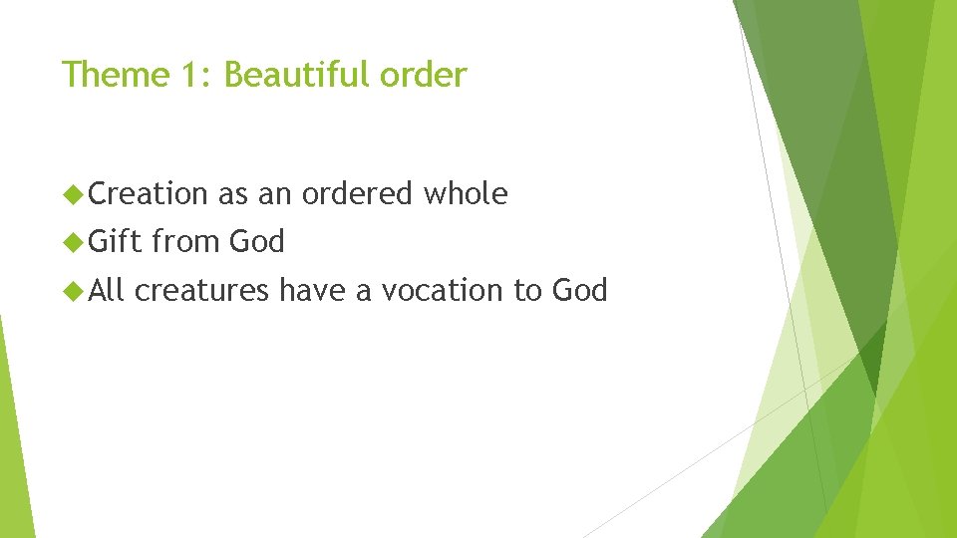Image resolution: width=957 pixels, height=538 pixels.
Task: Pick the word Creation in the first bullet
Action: (149, 193)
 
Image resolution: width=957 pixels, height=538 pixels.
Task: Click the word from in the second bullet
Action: (186, 241)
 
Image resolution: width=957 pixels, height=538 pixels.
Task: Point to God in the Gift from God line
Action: (257, 241)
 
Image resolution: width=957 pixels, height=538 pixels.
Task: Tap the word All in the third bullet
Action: (108, 290)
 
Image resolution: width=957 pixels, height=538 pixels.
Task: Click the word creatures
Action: (201, 291)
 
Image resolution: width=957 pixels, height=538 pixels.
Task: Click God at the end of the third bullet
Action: (579, 290)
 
